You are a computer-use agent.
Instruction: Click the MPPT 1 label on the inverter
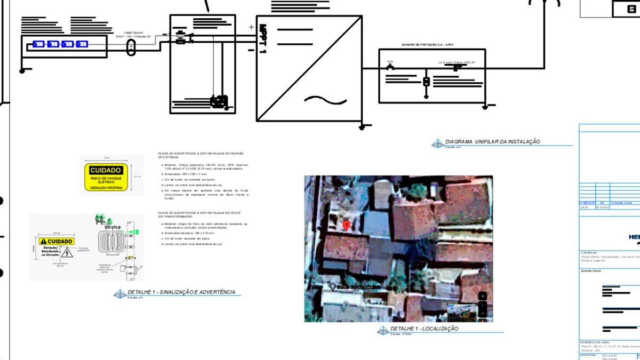(262, 39)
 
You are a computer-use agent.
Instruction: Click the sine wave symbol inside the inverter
(325, 100)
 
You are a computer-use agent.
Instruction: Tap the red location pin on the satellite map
(347, 226)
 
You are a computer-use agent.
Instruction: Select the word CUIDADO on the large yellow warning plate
(106, 170)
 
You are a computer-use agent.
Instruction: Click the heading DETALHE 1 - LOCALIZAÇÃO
(424, 329)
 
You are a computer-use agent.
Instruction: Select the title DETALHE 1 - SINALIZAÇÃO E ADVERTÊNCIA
(181, 292)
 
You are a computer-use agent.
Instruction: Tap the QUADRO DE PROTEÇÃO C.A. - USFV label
(431, 45)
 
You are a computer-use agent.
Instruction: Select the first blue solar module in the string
(38, 44)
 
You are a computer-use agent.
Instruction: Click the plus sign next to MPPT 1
(251, 27)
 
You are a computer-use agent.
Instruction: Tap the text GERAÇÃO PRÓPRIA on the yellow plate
(106, 187)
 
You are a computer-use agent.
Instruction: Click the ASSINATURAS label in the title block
(591, 271)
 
